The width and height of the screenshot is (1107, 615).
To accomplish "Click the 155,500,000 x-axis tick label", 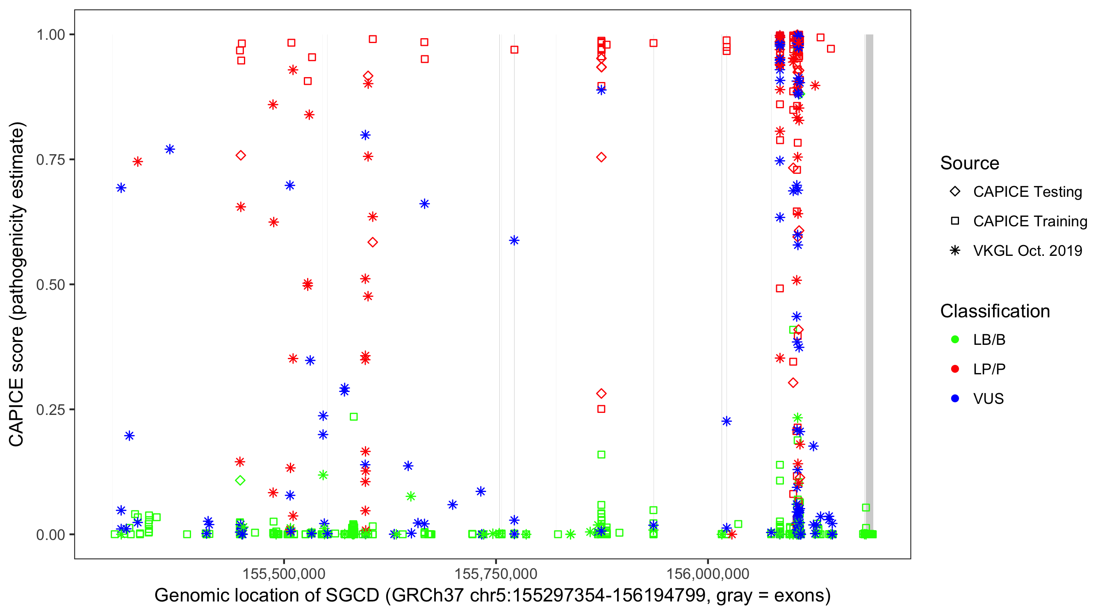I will click(284, 574).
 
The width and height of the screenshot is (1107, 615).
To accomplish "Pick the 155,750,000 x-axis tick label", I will click(496, 574).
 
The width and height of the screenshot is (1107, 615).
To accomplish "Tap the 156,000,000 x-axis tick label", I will click(708, 574).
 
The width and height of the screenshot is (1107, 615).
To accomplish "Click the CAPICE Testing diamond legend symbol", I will click(955, 192).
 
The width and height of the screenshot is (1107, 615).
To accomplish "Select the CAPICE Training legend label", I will click(1030, 221).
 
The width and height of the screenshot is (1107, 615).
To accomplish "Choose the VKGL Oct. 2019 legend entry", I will click(1027, 251).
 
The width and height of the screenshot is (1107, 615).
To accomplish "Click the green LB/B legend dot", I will click(955, 339).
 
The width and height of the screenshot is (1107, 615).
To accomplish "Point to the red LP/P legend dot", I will click(955, 369).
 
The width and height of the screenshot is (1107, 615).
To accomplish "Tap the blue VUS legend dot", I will click(955, 399).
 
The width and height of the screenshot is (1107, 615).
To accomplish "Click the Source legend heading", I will click(970, 163).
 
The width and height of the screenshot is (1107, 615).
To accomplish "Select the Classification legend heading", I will click(995, 311).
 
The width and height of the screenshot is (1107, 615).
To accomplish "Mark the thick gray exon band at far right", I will click(869, 284).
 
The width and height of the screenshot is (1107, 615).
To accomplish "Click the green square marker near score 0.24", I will click(354, 417).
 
